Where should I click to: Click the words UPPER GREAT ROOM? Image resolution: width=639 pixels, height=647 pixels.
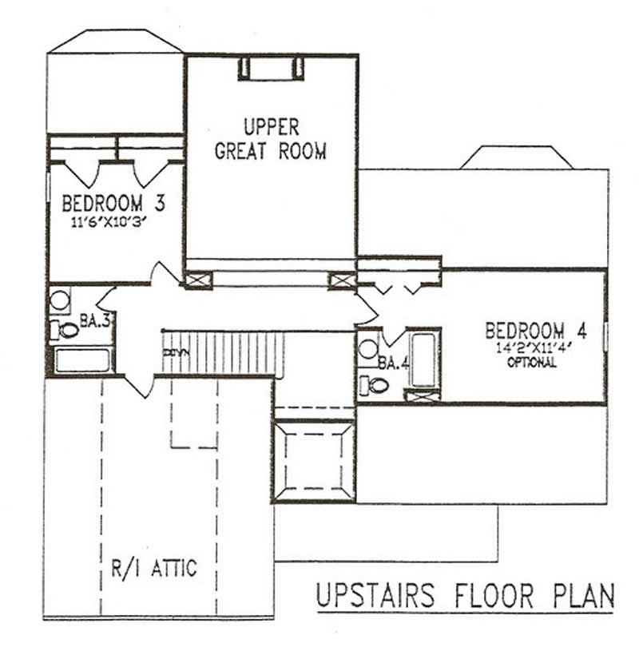(271, 139)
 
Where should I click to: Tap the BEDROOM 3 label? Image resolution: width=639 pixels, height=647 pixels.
(113, 204)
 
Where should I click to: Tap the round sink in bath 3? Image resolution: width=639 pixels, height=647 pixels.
(60, 301)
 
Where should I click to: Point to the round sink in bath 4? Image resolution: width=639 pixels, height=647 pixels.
(369, 349)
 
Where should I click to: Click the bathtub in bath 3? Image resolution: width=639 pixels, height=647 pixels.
(82, 359)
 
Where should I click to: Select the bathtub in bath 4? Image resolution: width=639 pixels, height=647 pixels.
(420, 356)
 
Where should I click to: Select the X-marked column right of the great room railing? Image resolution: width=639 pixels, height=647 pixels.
(341, 280)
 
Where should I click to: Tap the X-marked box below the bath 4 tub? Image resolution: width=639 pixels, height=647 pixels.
(420, 394)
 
